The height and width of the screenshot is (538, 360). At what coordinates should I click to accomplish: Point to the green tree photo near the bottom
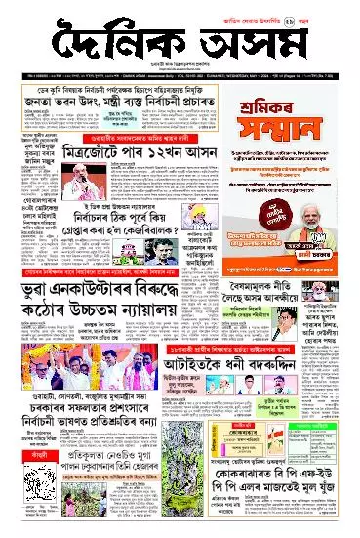[151, 507]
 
